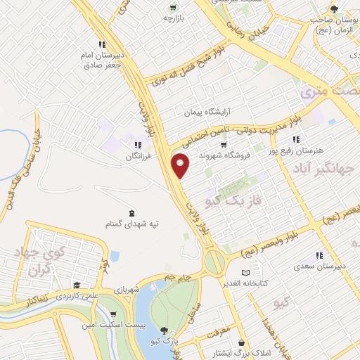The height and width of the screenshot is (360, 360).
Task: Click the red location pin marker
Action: click(x=181, y=165)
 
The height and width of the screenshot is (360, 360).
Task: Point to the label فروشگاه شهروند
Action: click(x=221, y=154)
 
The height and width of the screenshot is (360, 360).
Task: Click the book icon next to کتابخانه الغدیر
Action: click(x=245, y=273)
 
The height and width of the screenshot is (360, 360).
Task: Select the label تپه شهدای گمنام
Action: click(x=132, y=224)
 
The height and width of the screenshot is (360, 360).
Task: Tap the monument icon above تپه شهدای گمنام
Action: click(x=132, y=213)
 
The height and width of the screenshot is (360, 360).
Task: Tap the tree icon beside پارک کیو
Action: click(x=165, y=331)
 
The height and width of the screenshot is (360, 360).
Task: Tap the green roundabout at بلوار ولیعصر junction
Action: click(x=214, y=262)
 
